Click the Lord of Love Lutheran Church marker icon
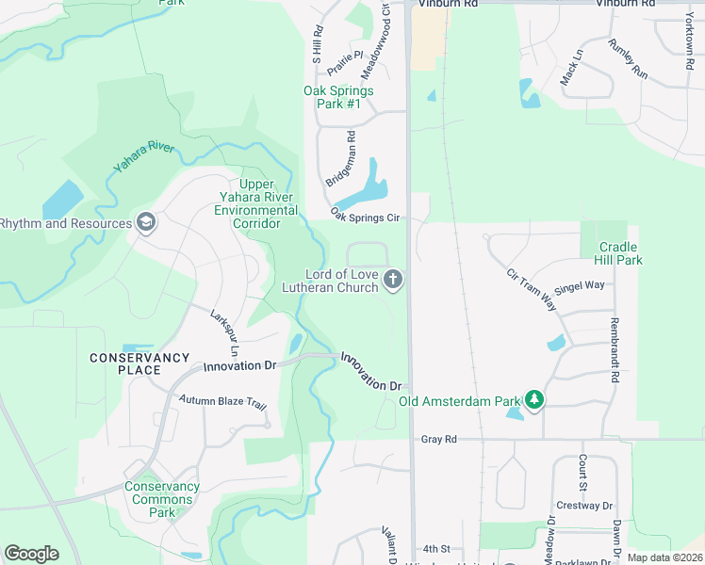tap(394, 280)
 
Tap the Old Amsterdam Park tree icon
tap(534, 400)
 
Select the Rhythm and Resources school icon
tap(145, 223)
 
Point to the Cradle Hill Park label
tap(620, 253)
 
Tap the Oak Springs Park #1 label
tap(338, 97)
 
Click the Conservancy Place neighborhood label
tap(139, 363)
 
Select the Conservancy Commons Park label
tap(162, 500)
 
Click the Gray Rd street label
tap(438, 439)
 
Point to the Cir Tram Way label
tap(532, 290)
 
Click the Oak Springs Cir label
tap(366, 218)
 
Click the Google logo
tap(31, 554)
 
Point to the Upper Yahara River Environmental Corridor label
tap(256, 204)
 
